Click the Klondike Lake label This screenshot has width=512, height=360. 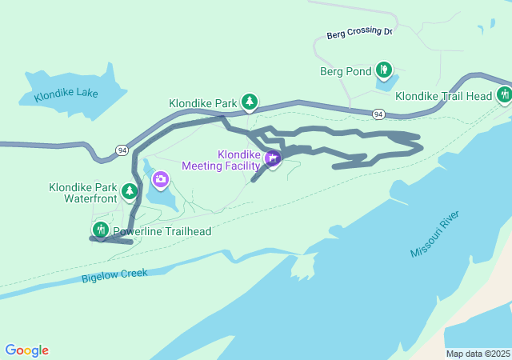point(66,94)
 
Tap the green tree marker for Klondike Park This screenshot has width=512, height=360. point(250,102)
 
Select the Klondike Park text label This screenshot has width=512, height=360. point(202,103)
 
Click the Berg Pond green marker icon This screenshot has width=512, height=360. point(384,70)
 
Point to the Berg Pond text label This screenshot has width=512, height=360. point(346,72)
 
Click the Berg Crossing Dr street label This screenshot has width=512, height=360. point(359,34)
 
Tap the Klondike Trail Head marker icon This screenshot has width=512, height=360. point(503,95)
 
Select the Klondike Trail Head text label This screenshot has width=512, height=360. point(443,96)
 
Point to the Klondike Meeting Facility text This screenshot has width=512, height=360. point(221,160)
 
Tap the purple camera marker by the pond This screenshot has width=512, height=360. point(160,178)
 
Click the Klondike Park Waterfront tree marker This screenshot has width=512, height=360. point(129,192)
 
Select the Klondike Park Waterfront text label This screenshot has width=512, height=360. point(83,192)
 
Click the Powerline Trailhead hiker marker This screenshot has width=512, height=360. point(100,230)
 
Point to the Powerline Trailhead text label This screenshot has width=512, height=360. point(162,232)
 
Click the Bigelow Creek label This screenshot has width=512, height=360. point(114,275)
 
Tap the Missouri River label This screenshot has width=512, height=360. point(435,235)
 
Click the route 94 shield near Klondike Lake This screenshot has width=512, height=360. point(121,150)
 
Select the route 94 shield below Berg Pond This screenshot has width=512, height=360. point(378,115)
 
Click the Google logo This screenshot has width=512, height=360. point(26,350)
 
